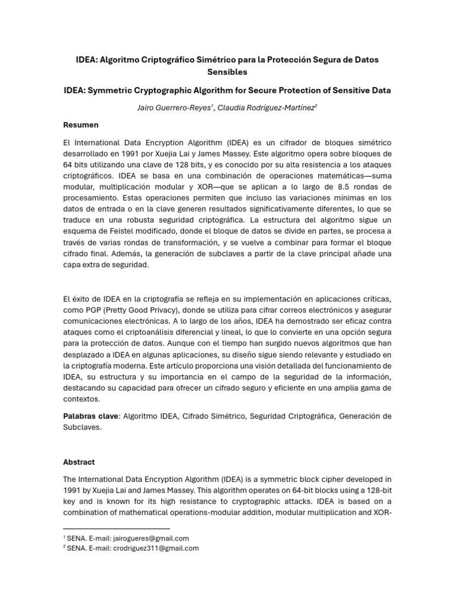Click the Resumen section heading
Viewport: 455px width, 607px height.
click(x=81, y=125)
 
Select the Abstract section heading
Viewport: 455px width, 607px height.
click(x=79, y=462)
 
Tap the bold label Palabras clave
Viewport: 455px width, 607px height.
click(x=90, y=416)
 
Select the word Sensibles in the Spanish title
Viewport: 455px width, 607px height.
click(x=227, y=72)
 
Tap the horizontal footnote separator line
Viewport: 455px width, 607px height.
click(x=116, y=528)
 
